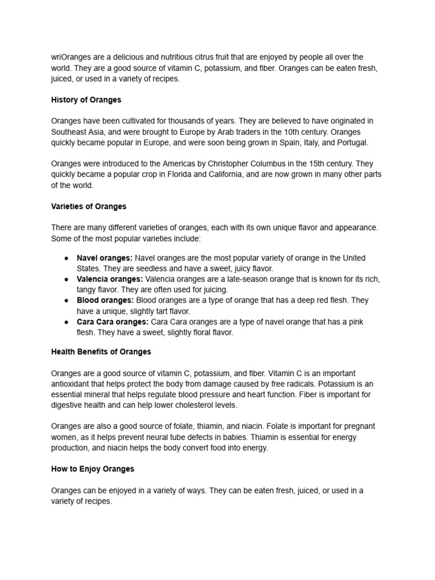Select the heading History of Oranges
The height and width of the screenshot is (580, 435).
click(86, 100)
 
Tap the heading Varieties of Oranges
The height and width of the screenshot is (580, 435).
click(89, 206)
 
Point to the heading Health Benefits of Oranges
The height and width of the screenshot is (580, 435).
click(101, 352)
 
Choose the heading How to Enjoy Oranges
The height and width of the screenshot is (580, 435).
click(92, 469)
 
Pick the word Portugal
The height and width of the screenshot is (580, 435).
click(351, 143)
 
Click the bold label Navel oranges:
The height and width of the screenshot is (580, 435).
click(105, 258)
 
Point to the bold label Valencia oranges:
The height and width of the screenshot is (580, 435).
click(110, 279)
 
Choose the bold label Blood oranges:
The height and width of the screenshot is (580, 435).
click(105, 301)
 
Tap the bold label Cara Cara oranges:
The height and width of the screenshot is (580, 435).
click(113, 322)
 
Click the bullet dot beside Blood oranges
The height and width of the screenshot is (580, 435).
click(66, 301)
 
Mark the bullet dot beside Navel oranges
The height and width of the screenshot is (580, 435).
click(66, 258)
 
